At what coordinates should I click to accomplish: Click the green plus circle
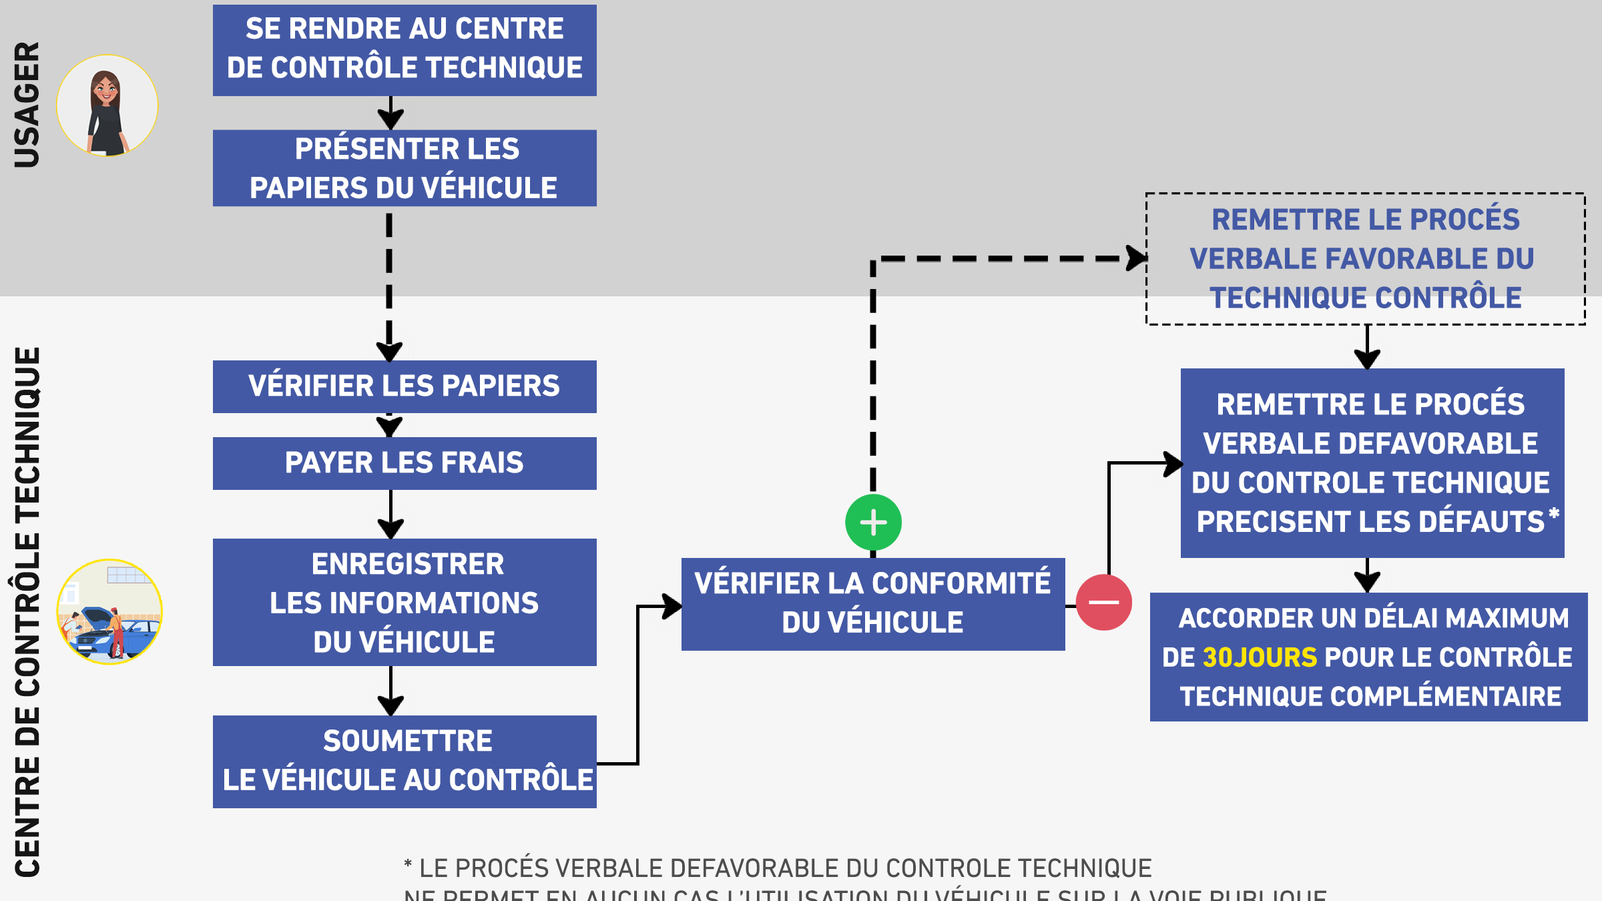click(x=873, y=523)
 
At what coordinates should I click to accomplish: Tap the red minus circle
click(x=1103, y=602)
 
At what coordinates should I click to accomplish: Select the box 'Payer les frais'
click(x=405, y=463)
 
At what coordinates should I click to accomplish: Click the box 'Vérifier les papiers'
click(x=405, y=386)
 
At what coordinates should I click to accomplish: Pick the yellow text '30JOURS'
click(x=1260, y=657)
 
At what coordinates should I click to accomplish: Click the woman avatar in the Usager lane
click(x=107, y=106)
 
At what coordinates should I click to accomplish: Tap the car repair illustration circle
click(x=109, y=611)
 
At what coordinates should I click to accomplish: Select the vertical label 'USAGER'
click(x=27, y=105)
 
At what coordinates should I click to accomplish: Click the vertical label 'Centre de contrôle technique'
click(x=27, y=611)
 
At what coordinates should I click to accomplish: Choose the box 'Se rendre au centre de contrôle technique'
click(x=405, y=50)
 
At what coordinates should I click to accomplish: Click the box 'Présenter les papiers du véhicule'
click(x=405, y=168)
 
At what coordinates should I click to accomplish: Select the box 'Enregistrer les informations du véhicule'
click(x=405, y=602)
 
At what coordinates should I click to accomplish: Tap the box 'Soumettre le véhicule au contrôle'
click(x=405, y=762)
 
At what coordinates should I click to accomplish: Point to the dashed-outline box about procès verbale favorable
click(x=1365, y=259)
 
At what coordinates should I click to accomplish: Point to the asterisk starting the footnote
click(x=408, y=866)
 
